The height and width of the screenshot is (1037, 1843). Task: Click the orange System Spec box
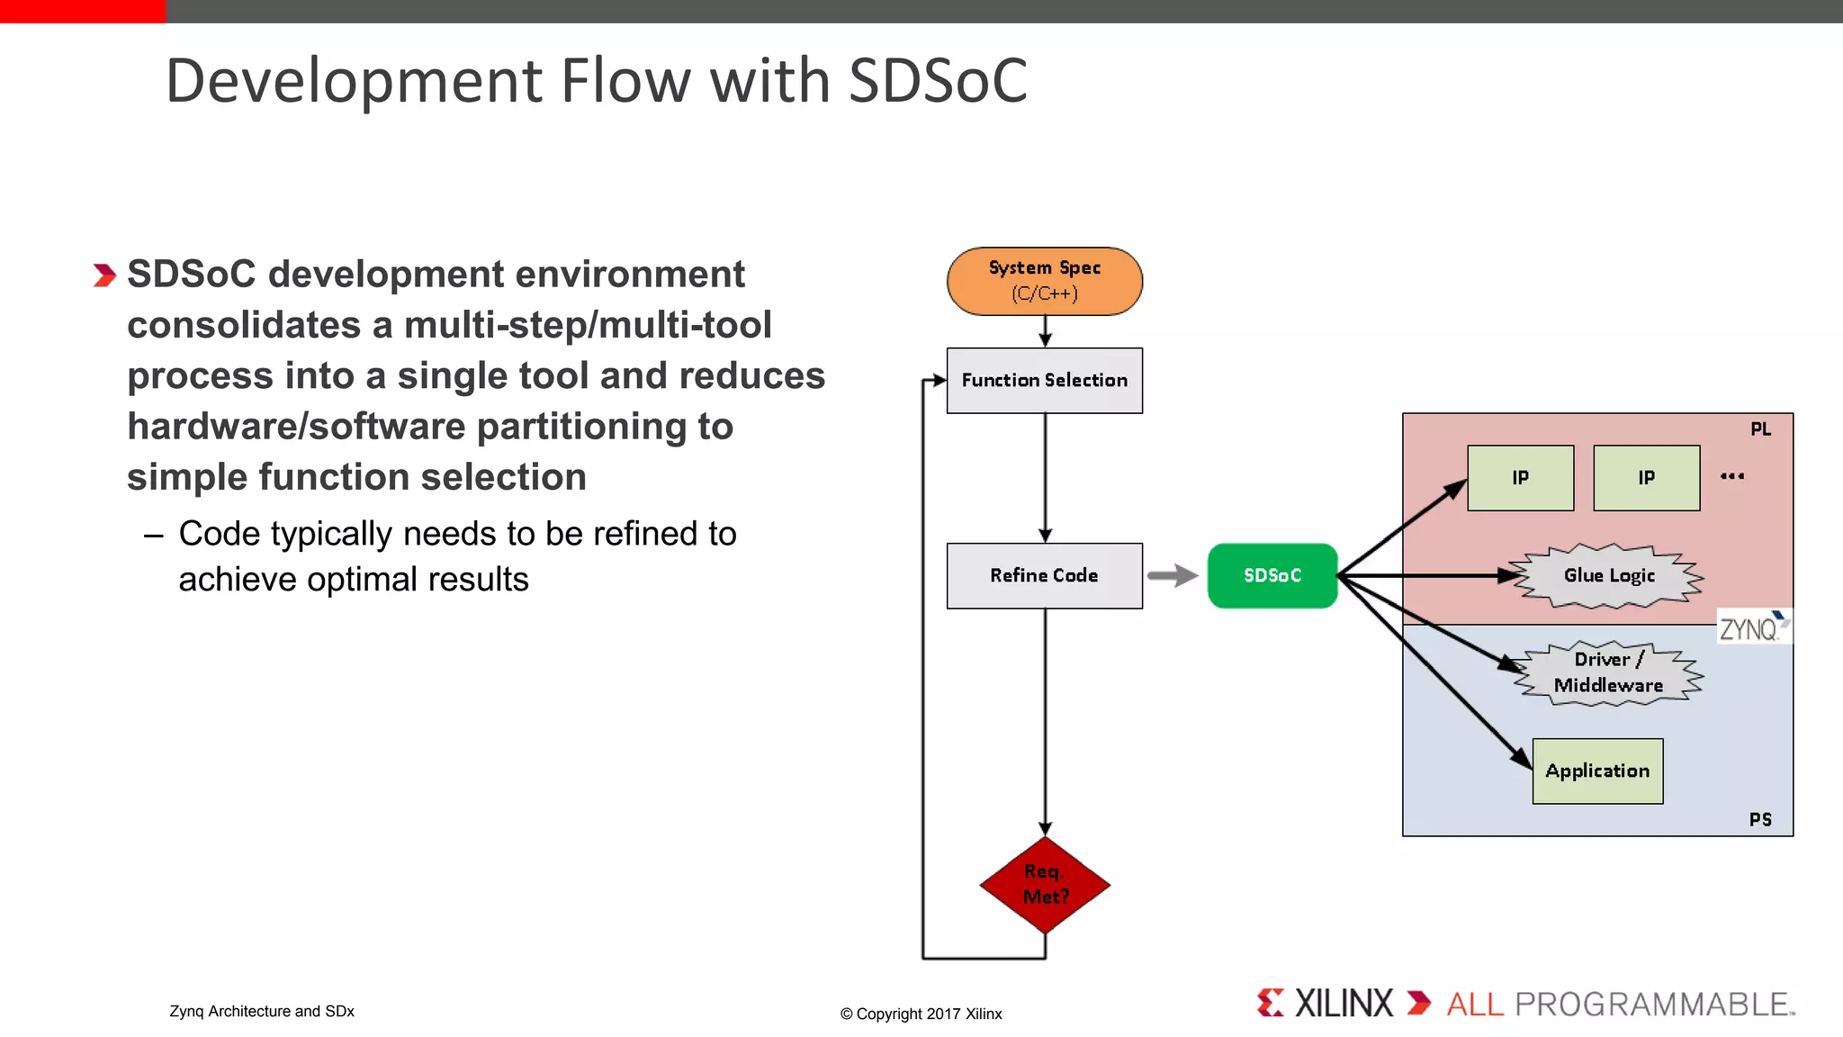[1044, 281]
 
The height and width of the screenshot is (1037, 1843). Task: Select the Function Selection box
[1044, 380]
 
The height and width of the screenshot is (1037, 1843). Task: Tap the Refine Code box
[1044, 575]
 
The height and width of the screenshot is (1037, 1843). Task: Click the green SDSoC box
[1272, 575]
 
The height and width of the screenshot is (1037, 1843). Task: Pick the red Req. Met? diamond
[1045, 884]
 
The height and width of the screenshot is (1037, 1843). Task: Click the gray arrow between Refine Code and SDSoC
[1173, 575]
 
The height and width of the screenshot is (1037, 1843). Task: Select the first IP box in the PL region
[1520, 478]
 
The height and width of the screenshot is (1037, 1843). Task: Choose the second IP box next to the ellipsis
[1646, 478]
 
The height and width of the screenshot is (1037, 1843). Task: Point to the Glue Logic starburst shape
[1608, 576]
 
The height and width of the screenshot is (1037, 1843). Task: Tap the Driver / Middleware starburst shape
[1608, 672]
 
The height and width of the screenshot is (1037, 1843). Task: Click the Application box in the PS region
[1597, 771]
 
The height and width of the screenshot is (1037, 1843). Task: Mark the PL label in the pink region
[1760, 429]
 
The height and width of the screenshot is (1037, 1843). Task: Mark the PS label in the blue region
[1760, 819]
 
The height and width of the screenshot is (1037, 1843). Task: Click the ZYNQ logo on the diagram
[1751, 627]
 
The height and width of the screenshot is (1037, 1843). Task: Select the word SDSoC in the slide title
[937, 81]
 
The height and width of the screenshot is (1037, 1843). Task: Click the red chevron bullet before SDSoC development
[104, 275]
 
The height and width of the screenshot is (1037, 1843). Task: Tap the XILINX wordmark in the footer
[1343, 1003]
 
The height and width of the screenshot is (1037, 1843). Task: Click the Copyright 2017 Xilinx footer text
[921, 1014]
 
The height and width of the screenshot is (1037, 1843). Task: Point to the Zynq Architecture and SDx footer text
[262, 1011]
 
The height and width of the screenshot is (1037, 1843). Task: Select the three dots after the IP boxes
[1732, 476]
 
